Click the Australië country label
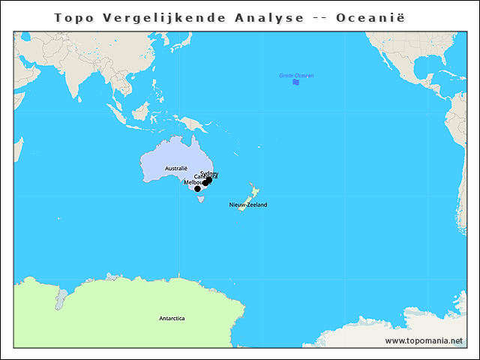[x=175, y=168]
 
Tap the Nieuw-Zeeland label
[x=248, y=205]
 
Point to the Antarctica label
[x=172, y=318]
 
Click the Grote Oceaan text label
[x=296, y=76]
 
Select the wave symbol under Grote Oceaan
[x=296, y=82]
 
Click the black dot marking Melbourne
[x=198, y=189]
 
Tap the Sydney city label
[x=209, y=173]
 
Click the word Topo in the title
[x=76, y=17]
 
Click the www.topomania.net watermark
[x=424, y=340]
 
